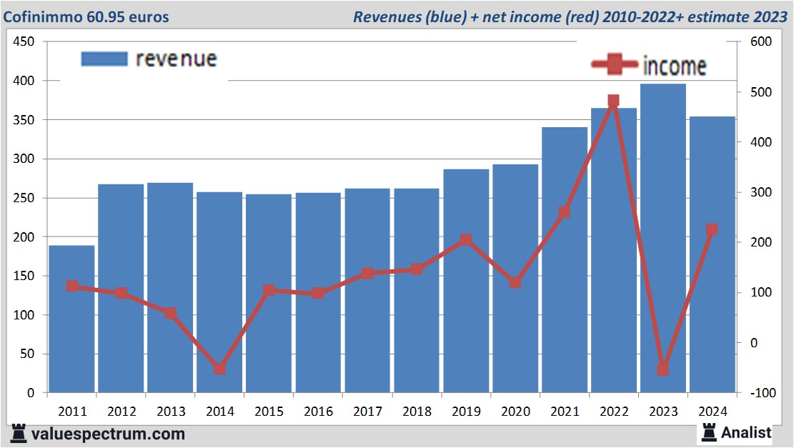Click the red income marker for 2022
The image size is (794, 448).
613,101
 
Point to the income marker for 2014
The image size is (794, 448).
219,369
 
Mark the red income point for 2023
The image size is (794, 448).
663,369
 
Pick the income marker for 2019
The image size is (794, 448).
466,240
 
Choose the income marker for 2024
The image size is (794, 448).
712,230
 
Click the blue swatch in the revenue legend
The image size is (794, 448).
104,59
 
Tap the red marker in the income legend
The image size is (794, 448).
613,65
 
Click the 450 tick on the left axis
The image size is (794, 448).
25,42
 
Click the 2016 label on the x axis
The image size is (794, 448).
318,412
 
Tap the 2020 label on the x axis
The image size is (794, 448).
515,412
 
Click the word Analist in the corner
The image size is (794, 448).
746,432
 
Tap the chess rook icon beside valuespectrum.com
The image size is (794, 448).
19,433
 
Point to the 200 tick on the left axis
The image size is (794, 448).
25,237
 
